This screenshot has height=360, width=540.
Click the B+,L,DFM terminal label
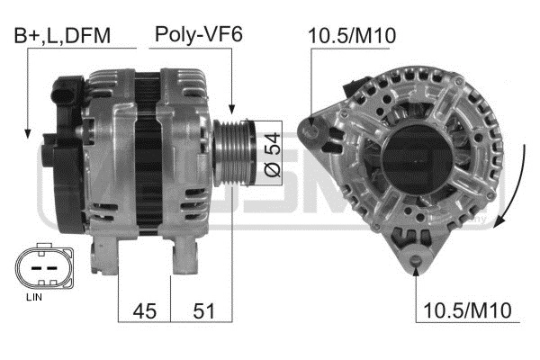(62, 36)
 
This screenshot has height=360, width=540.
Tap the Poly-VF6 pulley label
(199, 34)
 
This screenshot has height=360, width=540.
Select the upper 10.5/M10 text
(352, 35)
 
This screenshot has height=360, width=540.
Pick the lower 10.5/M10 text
(467, 310)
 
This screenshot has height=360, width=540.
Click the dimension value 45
(145, 311)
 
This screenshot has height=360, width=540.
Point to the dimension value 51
(204, 311)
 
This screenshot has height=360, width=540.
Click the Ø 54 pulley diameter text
(272, 155)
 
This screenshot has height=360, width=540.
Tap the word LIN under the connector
(34, 297)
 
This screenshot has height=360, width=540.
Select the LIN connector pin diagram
(44, 266)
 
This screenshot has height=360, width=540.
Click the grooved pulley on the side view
(234, 153)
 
